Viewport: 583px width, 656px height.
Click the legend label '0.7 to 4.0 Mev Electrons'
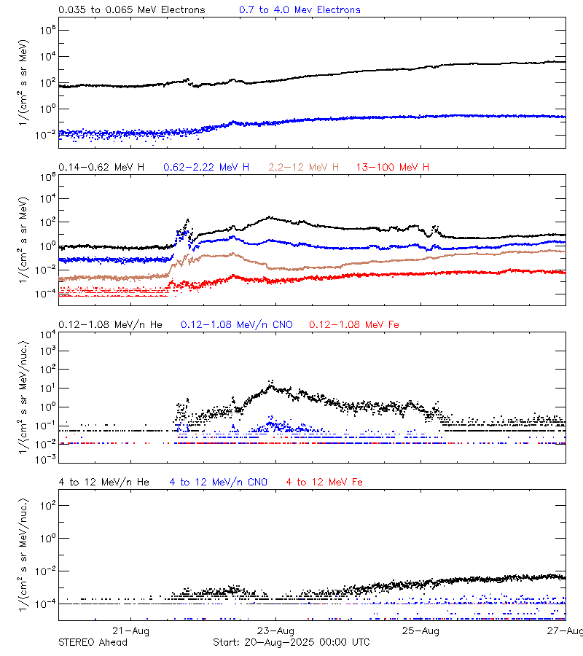click(300, 10)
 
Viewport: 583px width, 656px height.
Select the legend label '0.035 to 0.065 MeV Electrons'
click(132, 10)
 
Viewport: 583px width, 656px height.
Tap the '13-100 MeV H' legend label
click(393, 168)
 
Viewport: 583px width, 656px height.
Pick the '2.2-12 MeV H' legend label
click(303, 168)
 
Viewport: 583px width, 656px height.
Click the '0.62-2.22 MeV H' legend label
click(206, 168)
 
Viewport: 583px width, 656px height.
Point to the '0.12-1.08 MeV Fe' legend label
click(354, 324)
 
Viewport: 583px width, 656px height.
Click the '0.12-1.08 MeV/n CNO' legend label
click(237, 324)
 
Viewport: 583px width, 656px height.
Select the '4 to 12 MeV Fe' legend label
click(324, 483)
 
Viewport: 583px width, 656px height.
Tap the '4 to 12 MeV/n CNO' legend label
click(219, 483)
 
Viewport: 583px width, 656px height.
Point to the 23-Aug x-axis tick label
click(276, 630)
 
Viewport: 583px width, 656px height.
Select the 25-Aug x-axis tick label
click(421, 630)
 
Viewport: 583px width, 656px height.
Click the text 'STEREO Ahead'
click(93, 642)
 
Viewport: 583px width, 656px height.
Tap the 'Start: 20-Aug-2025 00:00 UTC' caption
click(291, 642)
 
